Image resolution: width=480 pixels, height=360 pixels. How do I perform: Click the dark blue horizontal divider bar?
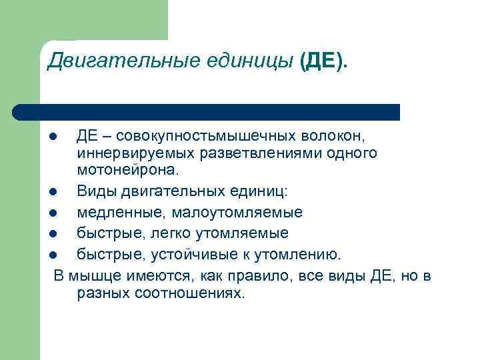(207, 112)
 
